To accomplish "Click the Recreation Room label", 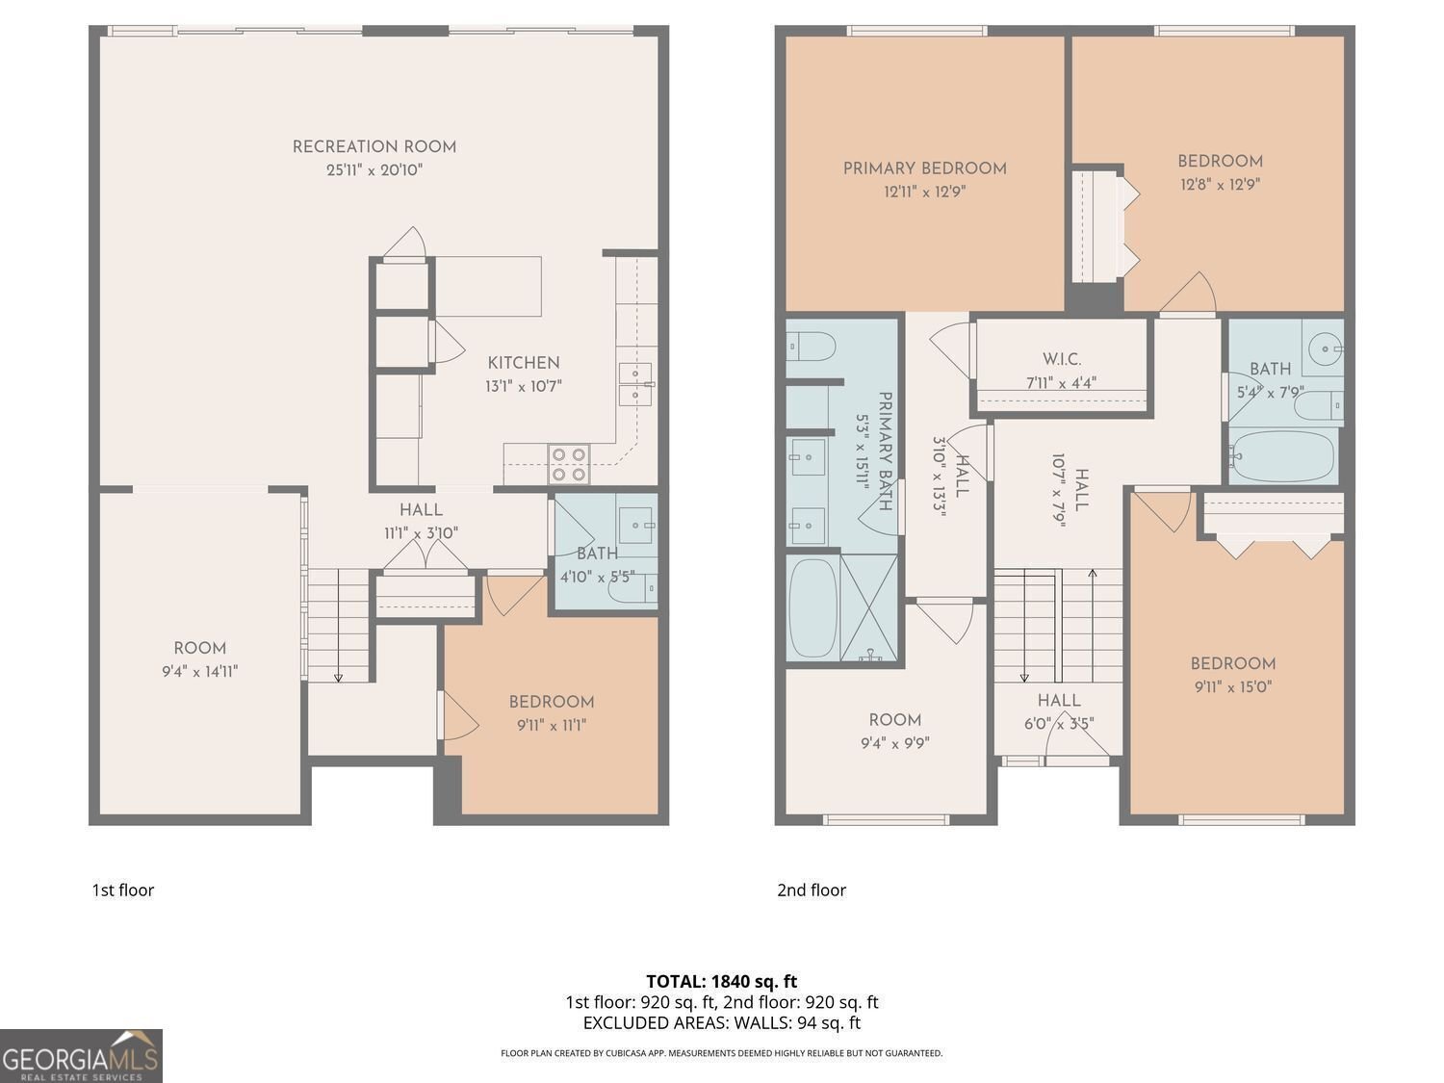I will point(374,147).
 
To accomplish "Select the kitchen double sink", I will point(635,385).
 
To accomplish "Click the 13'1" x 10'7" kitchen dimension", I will point(523,386).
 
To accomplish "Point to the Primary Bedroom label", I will point(924,168).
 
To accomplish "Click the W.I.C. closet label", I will point(1061,359).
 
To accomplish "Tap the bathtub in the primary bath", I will point(812,609).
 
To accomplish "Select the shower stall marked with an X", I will point(870,608).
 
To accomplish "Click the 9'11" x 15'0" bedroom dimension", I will point(1232,687).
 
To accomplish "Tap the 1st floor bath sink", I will point(635,525).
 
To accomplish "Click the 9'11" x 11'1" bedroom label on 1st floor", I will point(551,703).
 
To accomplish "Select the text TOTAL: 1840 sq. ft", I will point(721,982).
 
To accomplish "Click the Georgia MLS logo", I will point(81,1056).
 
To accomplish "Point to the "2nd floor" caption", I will point(812,890).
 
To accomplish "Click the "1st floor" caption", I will point(122,890).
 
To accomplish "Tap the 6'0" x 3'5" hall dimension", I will point(1058,724).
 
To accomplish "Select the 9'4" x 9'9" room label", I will point(894,720).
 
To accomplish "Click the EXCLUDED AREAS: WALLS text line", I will point(721,1023).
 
